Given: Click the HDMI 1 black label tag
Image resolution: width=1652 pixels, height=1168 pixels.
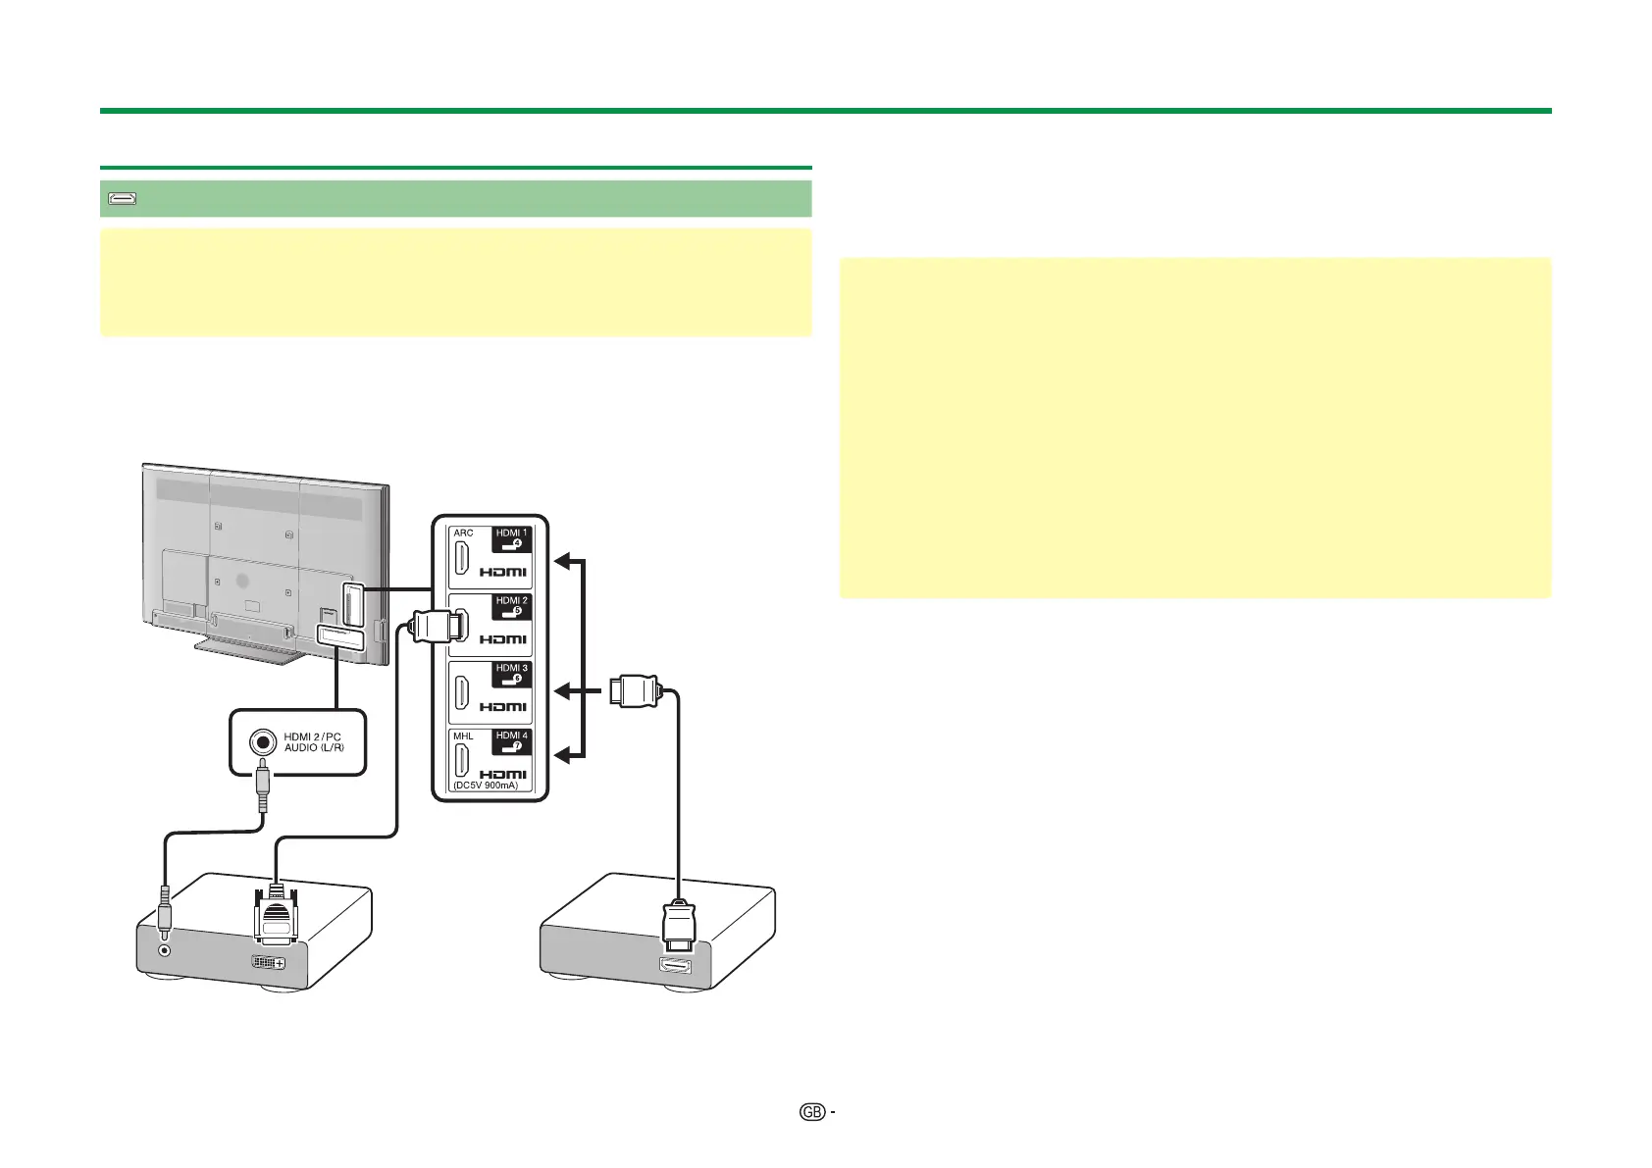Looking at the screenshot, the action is pos(512,538).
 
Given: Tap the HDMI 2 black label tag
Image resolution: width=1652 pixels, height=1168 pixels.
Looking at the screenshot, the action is pos(512,605).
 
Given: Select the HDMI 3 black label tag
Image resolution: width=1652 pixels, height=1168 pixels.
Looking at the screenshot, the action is pos(512,673).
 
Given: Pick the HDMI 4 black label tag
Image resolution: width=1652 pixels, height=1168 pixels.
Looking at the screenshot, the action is pos(512,740).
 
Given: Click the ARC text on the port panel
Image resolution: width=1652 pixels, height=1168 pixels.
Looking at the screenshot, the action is pos(463,533).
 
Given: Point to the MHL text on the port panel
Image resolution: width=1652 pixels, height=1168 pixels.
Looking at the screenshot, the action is pos(463,736).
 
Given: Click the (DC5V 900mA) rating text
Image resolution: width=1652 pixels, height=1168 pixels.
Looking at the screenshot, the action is pos(487,786).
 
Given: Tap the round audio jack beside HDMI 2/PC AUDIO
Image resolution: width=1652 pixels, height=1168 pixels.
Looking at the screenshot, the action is pos(262,741).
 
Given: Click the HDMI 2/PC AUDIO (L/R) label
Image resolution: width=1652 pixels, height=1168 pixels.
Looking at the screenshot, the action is pos(313,741).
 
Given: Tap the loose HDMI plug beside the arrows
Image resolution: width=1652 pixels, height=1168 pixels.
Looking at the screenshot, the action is pos(636,690).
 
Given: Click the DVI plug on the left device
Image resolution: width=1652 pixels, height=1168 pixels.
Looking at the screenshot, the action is pos(277,917).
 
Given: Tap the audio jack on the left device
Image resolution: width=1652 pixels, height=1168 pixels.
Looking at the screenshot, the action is pos(165,949).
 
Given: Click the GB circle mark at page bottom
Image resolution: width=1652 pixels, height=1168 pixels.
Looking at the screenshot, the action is pos(811,1112).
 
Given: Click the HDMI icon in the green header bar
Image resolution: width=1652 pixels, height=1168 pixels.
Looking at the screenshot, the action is pos(122,199).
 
